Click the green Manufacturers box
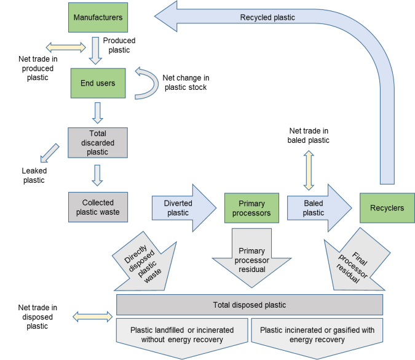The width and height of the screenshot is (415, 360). (98, 18)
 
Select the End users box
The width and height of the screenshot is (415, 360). (98, 82)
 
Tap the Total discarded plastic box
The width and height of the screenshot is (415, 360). (98, 143)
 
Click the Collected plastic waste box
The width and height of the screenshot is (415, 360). (98, 207)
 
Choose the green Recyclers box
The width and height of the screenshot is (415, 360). (387, 208)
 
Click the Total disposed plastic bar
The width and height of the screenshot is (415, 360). (249, 305)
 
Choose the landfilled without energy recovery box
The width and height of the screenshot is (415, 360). (182, 335)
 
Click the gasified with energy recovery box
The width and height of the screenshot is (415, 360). (317, 335)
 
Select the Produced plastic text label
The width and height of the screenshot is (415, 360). (119, 45)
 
